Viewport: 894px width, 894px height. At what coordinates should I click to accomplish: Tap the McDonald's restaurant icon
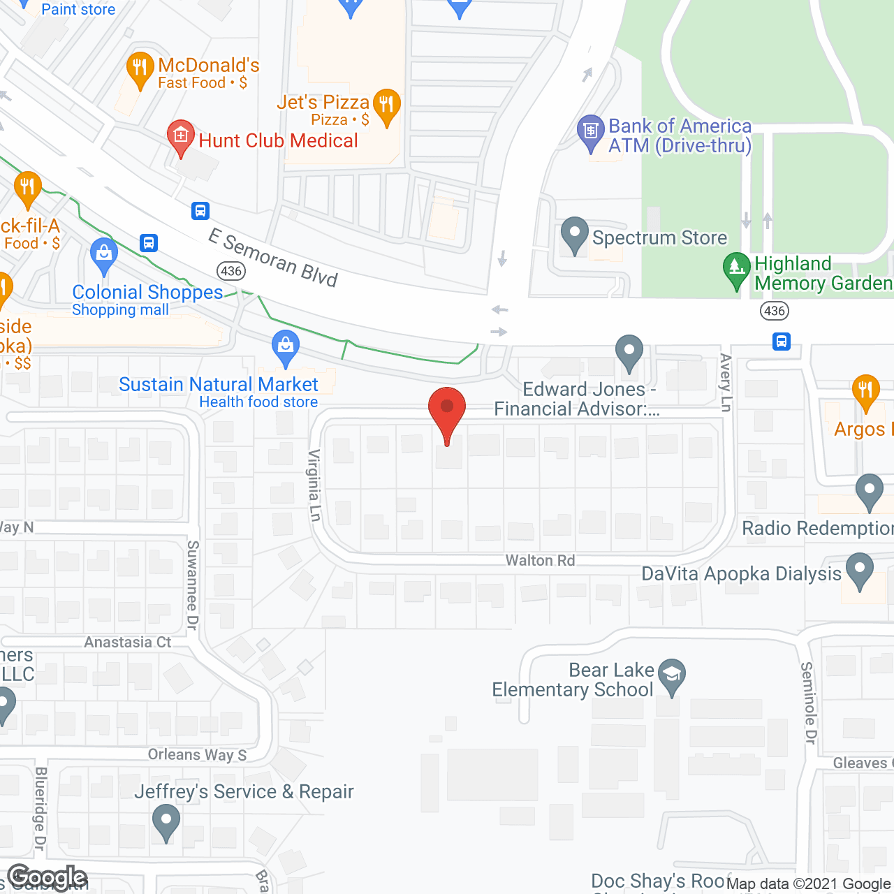pos(140,68)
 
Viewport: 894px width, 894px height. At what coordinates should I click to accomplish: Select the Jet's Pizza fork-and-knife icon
pos(386,105)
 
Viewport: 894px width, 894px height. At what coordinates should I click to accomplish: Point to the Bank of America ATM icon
pos(590,131)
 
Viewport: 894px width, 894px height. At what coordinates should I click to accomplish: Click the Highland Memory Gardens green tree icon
pos(736,269)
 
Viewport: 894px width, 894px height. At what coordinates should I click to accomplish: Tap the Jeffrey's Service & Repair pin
pos(166,821)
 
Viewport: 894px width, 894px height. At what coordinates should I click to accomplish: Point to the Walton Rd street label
pos(540,560)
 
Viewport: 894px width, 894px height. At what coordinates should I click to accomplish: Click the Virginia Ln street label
pos(315,485)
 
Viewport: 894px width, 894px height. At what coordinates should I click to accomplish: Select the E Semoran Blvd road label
pos(273,258)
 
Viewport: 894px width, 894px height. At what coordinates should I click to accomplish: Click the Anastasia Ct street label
pos(128,642)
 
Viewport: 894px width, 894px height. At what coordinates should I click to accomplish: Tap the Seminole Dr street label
pos(809,703)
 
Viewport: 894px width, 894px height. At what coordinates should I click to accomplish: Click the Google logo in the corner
pos(47,877)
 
